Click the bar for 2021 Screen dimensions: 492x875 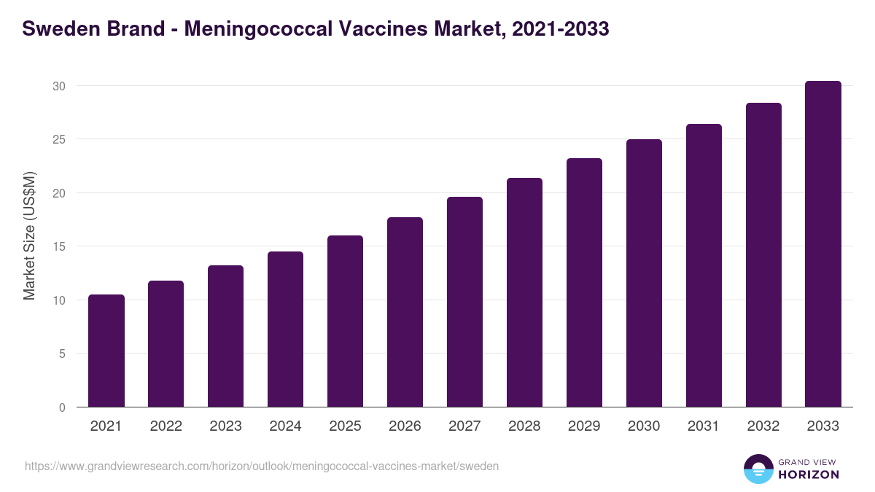point(106,351)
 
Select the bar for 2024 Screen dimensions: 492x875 point(285,329)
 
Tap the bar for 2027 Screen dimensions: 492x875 point(464,302)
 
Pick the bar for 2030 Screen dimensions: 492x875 point(644,273)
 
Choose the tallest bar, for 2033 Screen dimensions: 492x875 point(823,244)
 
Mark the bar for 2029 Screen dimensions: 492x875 point(584,283)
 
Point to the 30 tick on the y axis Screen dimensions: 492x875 point(59,86)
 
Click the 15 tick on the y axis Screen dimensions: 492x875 point(59,246)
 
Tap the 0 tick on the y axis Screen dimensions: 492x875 point(62,407)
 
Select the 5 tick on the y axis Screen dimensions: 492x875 point(62,354)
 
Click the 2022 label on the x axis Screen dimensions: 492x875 point(166,426)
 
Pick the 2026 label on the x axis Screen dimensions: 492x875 point(405,426)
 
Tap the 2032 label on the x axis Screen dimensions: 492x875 point(763,426)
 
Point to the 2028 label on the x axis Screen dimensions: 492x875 point(524,426)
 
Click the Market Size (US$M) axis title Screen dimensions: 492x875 point(29,235)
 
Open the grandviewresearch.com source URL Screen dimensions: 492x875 point(262,466)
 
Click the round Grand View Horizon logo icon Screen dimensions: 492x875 point(758,469)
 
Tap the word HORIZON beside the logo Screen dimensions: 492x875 point(809,475)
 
